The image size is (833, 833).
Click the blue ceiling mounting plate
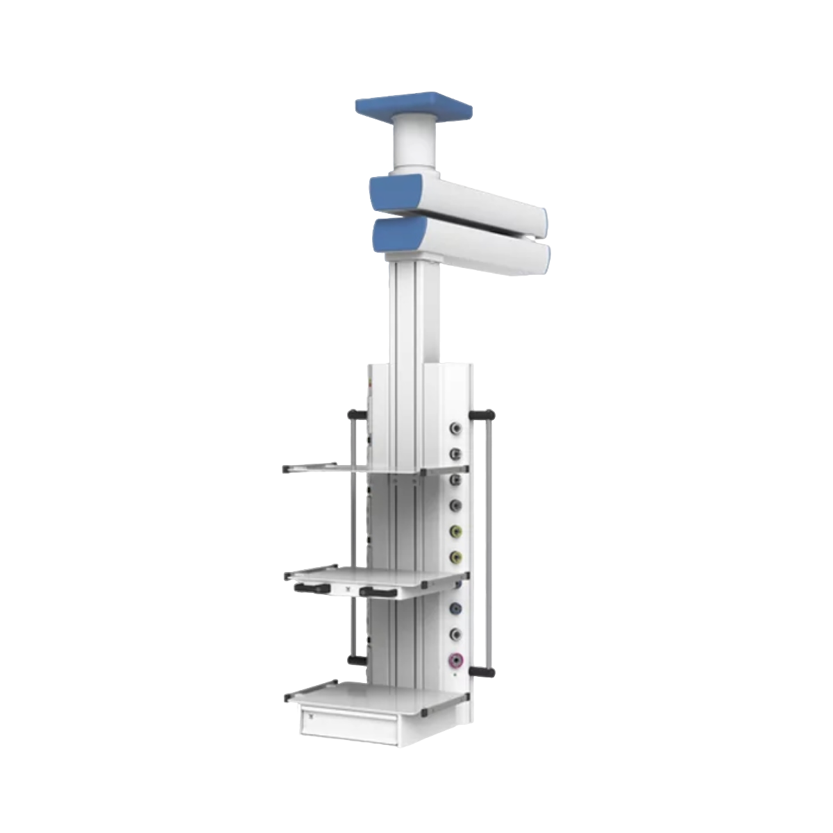(414, 107)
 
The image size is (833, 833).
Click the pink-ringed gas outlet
(455, 659)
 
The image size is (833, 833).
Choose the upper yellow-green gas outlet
(456, 531)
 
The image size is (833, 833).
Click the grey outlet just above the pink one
(455, 634)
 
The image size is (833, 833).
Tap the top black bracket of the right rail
(484, 415)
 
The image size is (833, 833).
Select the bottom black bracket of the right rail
(484, 671)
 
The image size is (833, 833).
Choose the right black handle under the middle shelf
(376, 591)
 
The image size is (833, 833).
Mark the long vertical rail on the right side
(491, 541)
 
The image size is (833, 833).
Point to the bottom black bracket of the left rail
(356, 659)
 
